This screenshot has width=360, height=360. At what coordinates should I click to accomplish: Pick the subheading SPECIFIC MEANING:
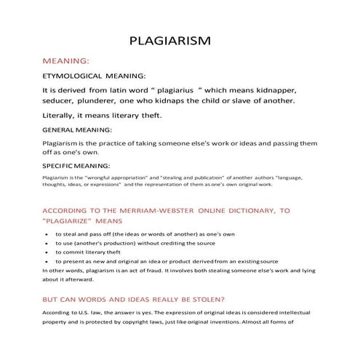click(76, 166)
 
